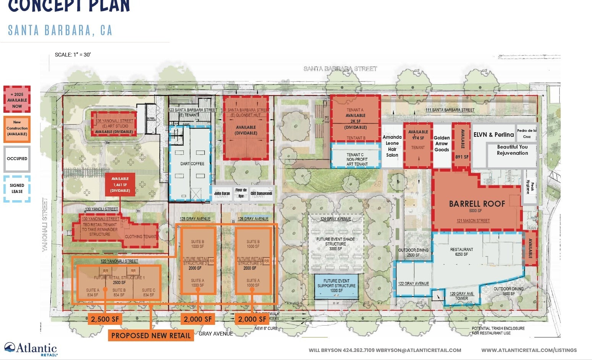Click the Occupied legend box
click(17, 159)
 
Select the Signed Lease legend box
click(17, 188)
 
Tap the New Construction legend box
click(17, 128)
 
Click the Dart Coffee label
click(192, 164)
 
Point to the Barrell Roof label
click(477, 204)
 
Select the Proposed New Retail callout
click(151, 336)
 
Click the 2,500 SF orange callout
click(105, 319)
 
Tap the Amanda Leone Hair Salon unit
click(392, 146)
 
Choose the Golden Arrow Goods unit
click(442, 144)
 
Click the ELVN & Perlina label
click(493, 135)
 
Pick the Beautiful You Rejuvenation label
click(512, 150)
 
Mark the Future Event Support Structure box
click(336, 286)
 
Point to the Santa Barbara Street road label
click(340, 69)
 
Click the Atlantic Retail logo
click(31, 349)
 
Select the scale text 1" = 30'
click(73, 55)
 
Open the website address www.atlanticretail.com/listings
click(529, 350)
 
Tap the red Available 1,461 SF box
click(120, 185)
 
